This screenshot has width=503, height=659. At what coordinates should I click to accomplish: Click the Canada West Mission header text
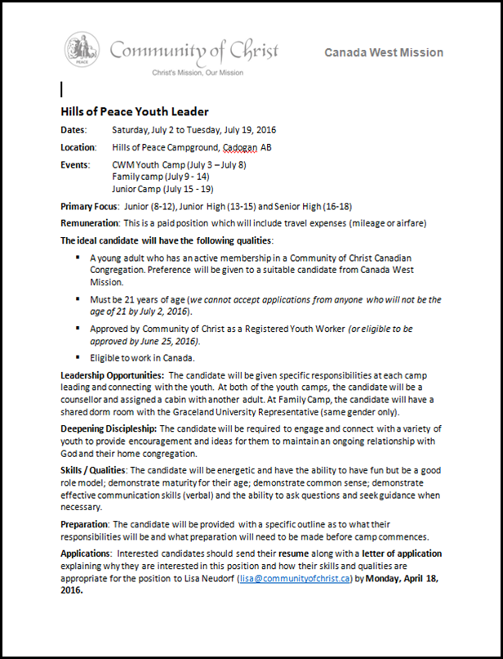[x=384, y=52]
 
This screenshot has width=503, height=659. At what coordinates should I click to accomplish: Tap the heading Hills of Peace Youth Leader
[x=135, y=111]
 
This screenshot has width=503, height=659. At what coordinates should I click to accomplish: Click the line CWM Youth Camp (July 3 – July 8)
[x=179, y=165]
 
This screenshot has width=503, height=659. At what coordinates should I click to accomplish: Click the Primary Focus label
[x=90, y=206]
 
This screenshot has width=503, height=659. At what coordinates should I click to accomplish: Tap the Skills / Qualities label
[x=94, y=471]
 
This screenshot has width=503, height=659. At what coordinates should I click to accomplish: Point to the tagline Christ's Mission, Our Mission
[x=198, y=73]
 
